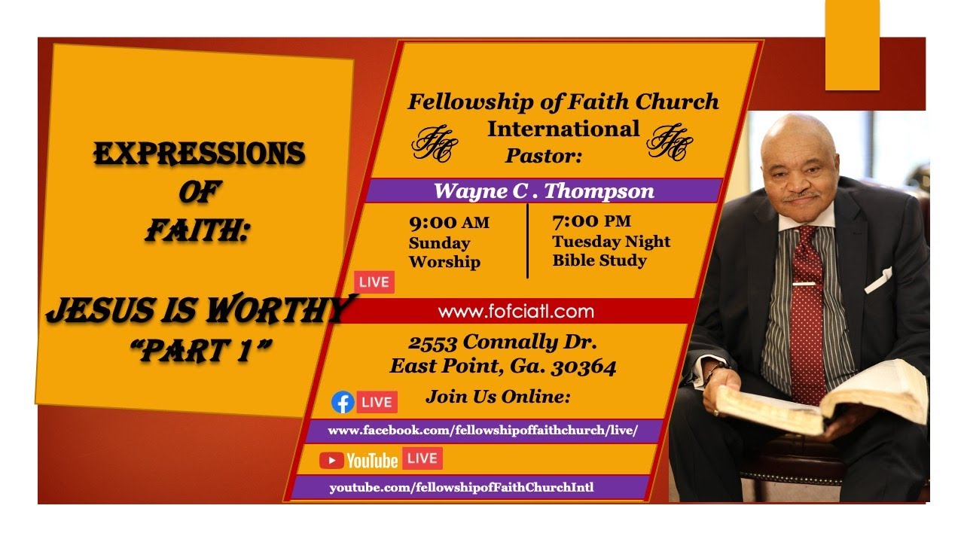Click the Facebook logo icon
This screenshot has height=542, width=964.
343,402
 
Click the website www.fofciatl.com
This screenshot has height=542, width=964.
515,311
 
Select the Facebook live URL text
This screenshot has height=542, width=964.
483,431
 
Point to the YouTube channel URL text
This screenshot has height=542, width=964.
461,487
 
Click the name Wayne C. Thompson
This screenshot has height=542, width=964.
544,190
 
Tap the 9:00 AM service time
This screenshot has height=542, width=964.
449,223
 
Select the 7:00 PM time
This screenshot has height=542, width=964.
591,221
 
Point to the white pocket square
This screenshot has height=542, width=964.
879,279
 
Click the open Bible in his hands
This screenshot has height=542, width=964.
821,399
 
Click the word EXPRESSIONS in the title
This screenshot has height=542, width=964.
199,154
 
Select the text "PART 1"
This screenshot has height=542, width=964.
200,352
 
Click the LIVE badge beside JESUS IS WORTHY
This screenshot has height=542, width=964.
374,282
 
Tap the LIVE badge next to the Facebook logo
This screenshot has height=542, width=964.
377,402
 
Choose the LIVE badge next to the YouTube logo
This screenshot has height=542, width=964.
423,458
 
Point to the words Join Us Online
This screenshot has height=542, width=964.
498,396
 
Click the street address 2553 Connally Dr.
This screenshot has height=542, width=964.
502,342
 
